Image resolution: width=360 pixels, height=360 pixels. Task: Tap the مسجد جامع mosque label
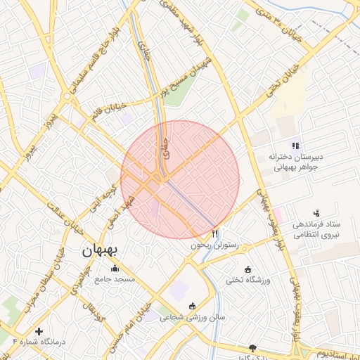[x=115, y=279]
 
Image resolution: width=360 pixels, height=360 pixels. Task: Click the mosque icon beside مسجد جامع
[x=115, y=269]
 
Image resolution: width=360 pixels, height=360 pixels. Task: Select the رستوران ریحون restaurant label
[x=214, y=246]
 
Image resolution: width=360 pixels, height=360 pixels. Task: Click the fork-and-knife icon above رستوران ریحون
[x=215, y=233]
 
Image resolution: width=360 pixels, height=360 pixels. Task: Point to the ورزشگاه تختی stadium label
[x=247, y=280]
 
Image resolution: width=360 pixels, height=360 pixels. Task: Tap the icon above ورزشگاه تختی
[x=247, y=269]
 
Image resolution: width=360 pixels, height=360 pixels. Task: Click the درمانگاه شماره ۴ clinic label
[x=39, y=341]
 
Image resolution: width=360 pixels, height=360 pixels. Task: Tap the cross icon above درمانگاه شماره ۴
[x=39, y=330]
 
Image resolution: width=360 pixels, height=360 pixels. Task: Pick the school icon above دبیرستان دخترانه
[x=295, y=146]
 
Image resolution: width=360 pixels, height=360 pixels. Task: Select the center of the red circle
[x=180, y=180]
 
